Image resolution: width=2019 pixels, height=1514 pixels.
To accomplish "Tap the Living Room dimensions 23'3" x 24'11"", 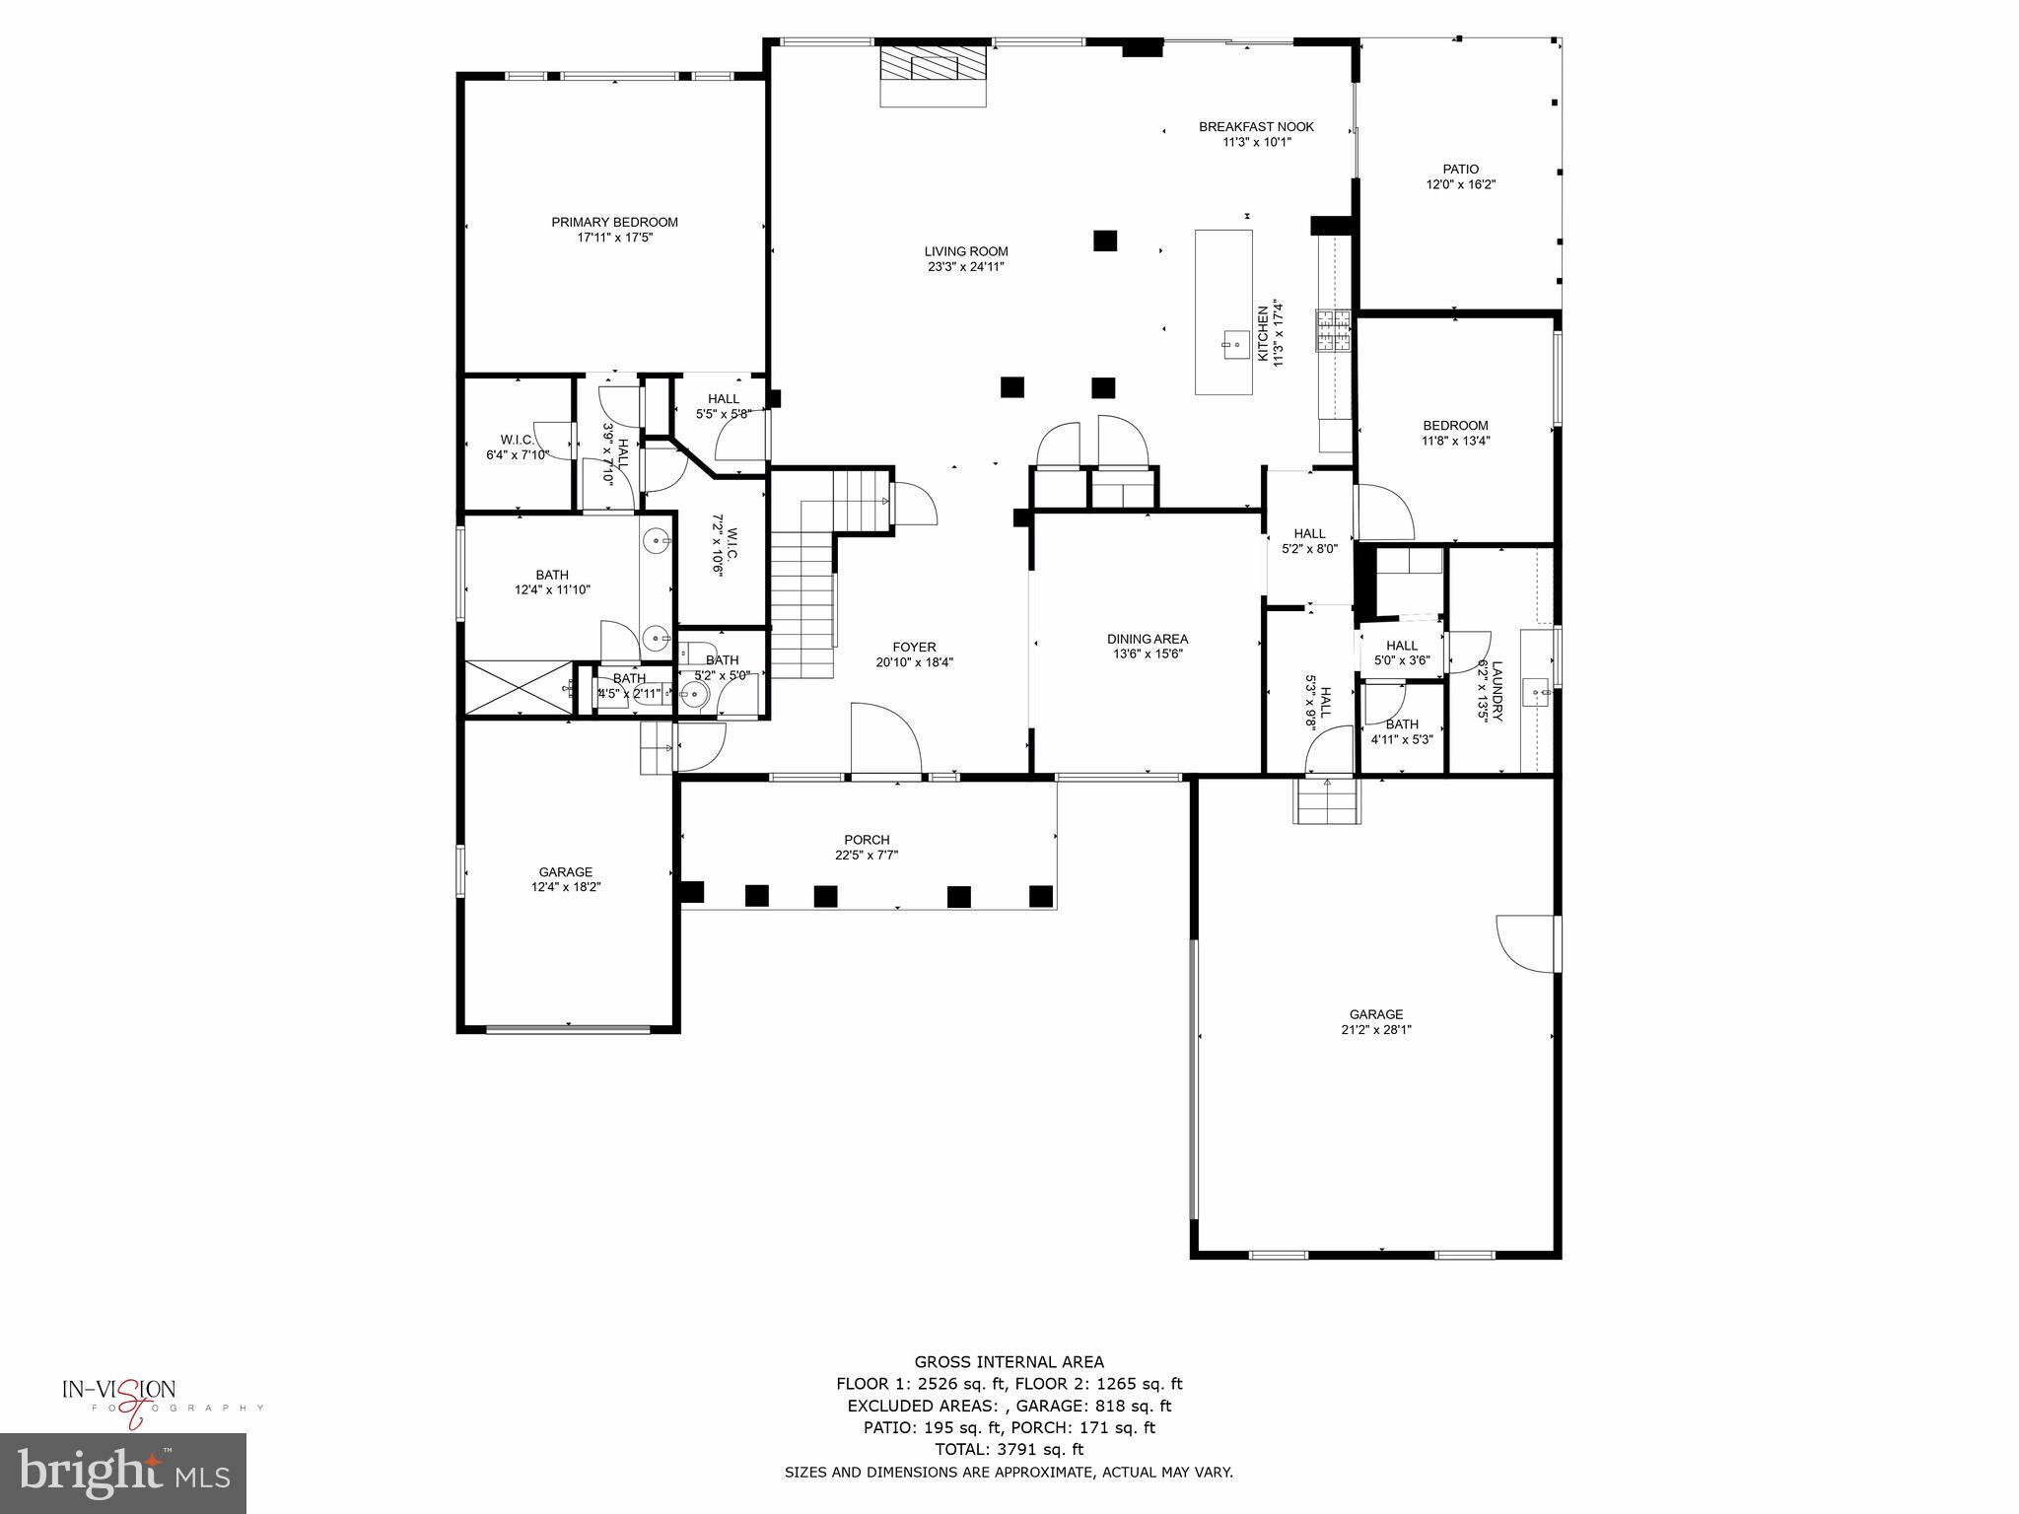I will pyautogui.click(x=965, y=266).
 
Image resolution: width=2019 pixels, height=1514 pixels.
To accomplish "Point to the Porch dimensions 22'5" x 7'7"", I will pyautogui.click(x=867, y=856).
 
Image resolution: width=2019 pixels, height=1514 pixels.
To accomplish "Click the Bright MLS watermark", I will pyautogui.click(x=123, y=1475).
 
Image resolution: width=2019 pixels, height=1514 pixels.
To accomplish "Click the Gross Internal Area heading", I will pyautogui.click(x=1009, y=1362).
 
